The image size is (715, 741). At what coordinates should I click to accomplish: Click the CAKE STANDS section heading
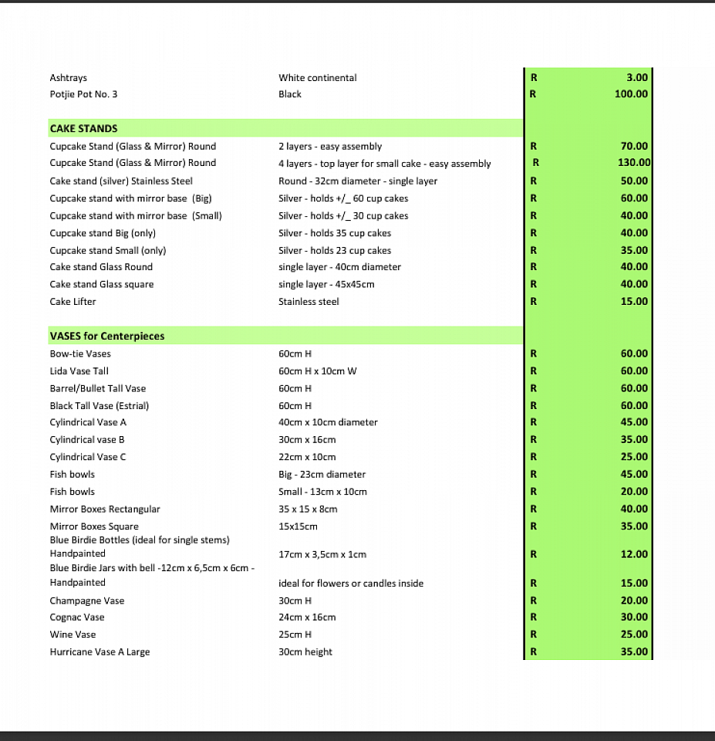click(83, 128)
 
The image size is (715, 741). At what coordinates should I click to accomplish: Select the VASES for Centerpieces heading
click(107, 336)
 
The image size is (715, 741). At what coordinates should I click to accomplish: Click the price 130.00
click(635, 163)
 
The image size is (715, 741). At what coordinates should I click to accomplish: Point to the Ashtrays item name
click(69, 78)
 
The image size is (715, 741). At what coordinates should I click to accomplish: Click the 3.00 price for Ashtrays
click(637, 78)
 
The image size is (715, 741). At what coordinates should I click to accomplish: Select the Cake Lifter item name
click(73, 302)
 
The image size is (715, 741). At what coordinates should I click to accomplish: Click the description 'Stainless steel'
click(309, 302)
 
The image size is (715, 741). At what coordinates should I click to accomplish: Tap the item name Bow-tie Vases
click(80, 354)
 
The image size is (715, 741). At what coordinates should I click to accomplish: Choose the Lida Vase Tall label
click(79, 371)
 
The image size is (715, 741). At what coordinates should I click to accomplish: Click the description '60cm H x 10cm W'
click(317, 371)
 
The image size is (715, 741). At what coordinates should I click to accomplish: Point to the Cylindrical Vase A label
click(88, 422)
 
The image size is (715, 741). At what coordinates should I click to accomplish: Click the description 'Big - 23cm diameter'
click(322, 474)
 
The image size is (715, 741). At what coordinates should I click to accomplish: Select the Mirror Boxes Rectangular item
click(105, 509)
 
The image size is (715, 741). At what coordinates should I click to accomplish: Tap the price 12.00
click(634, 554)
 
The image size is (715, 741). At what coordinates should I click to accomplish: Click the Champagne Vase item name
click(87, 601)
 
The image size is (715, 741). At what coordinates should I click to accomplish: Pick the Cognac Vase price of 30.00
click(634, 617)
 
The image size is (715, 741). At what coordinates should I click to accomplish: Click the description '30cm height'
click(305, 652)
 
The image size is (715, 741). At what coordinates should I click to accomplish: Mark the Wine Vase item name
click(73, 634)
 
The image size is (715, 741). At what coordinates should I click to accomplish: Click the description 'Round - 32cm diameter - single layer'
click(358, 181)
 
